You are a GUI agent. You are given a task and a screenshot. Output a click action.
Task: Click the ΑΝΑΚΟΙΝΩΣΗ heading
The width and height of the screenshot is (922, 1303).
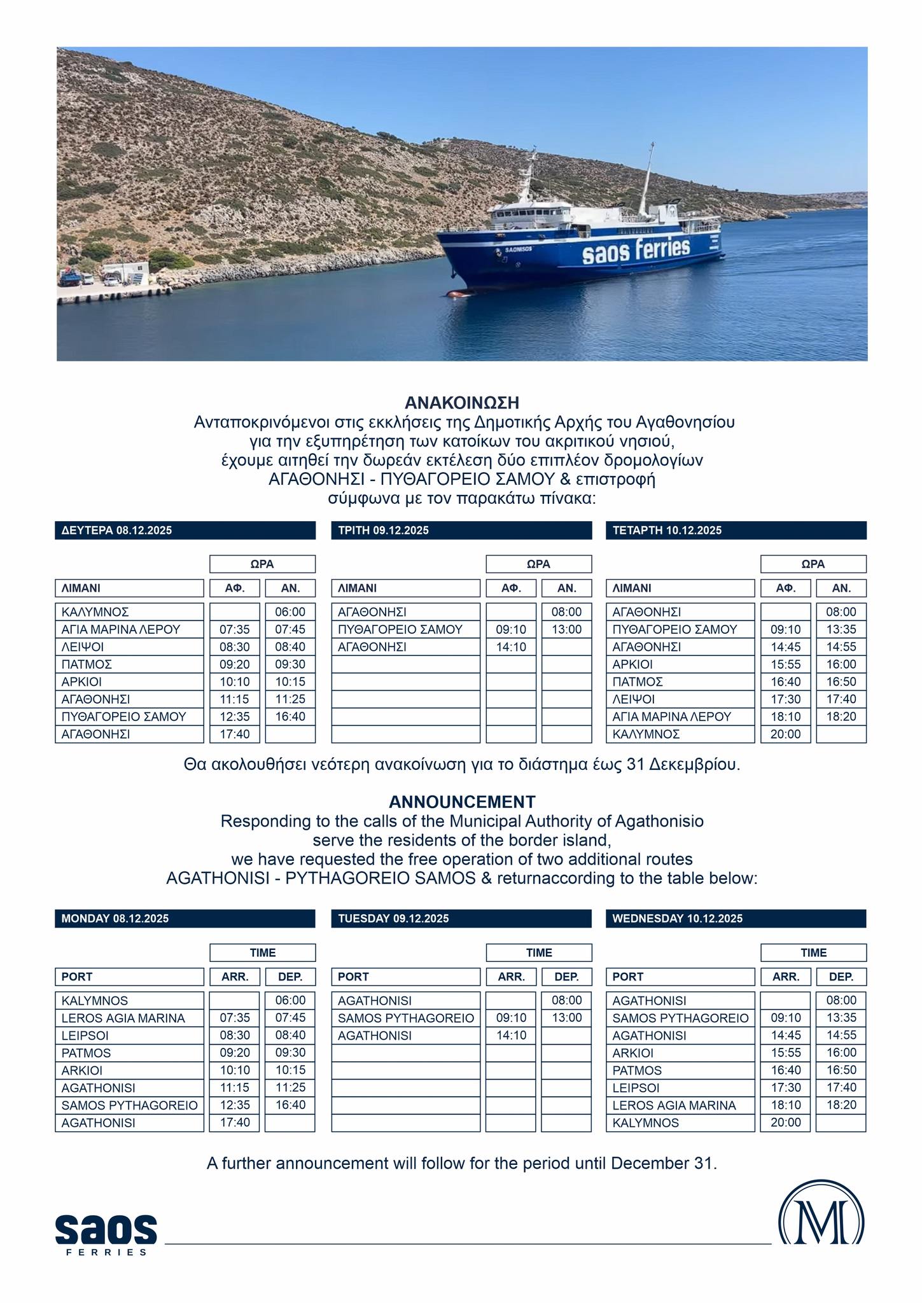tap(462, 403)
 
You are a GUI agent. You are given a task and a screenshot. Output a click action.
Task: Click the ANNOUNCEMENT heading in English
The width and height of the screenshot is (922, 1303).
tap(462, 801)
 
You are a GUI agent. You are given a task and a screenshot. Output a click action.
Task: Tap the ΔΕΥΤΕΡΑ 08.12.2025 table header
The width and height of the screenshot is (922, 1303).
tap(185, 531)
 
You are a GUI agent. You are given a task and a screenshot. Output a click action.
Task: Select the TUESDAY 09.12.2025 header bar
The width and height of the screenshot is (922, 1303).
tap(461, 918)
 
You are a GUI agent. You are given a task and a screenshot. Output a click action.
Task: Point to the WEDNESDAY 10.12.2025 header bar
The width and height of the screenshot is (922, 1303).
tap(736, 918)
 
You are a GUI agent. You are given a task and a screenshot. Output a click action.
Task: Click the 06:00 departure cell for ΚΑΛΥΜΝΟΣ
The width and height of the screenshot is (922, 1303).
tap(290, 612)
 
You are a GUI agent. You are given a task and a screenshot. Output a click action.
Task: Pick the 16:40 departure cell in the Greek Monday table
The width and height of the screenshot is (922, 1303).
tap(290, 716)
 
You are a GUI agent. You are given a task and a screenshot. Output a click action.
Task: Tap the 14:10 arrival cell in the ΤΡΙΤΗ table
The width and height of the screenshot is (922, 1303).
tap(511, 647)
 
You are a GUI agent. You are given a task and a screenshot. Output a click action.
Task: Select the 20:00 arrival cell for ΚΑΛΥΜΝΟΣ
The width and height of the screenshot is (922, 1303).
tap(786, 734)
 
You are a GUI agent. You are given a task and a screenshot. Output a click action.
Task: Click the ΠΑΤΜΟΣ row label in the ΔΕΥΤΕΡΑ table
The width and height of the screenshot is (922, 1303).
tap(132, 664)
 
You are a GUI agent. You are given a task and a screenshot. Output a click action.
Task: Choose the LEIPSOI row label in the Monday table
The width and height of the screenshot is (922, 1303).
tap(132, 1035)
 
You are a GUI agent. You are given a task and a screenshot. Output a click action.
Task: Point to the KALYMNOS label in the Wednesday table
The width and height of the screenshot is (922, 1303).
tap(680, 1123)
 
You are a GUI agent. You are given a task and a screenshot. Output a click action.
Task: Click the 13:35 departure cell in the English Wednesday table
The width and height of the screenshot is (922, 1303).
tap(841, 1018)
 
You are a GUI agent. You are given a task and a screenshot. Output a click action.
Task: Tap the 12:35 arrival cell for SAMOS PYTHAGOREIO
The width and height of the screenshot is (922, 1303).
tap(235, 1105)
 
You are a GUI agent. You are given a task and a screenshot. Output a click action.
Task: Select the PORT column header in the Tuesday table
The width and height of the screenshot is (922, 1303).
tap(406, 977)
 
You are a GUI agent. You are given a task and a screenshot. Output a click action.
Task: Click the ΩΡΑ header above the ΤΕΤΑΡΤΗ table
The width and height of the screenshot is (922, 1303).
tap(813, 564)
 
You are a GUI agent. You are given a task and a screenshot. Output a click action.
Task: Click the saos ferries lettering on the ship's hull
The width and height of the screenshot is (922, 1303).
tap(636, 251)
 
